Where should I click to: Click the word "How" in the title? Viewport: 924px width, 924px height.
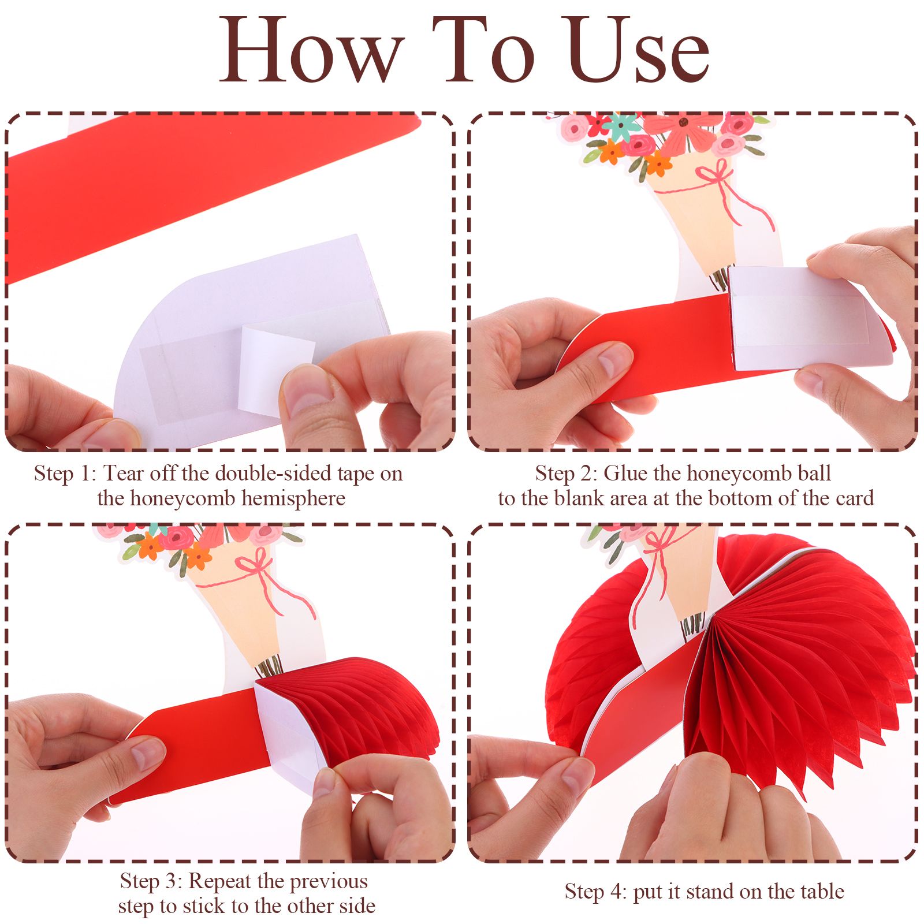pyautogui.click(x=312, y=51)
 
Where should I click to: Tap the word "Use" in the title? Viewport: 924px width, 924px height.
pyautogui.click(x=638, y=51)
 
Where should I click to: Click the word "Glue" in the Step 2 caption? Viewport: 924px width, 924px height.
pyautogui.click(x=625, y=474)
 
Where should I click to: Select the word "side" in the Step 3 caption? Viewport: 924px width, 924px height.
pyautogui.click(x=357, y=906)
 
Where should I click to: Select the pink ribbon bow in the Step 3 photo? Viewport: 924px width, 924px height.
pyautogui.click(x=254, y=562)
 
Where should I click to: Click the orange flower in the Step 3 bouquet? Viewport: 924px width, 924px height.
pyautogui.click(x=197, y=556)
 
